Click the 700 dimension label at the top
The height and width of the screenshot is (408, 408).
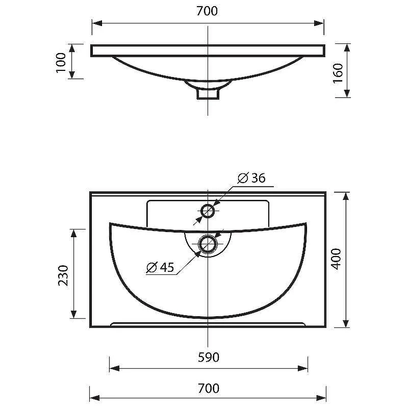[207, 11]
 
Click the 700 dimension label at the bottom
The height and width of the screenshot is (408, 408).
[209, 389]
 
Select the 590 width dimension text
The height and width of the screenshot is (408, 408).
[209, 358]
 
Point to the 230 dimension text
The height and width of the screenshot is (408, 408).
[63, 275]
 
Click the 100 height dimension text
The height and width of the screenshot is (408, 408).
[61, 63]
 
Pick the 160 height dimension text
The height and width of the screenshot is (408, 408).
[338, 73]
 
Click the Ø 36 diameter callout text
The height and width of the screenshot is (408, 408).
[251, 178]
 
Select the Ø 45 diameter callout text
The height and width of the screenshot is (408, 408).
[160, 267]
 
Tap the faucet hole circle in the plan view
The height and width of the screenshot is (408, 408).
[208, 211]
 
